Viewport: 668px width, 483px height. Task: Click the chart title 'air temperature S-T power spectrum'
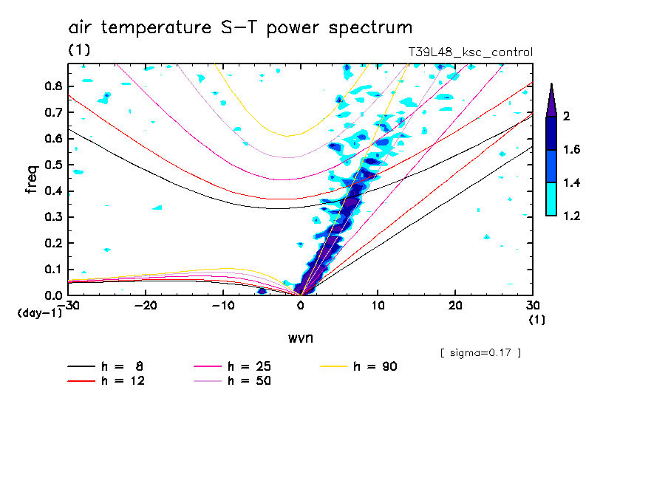click(x=240, y=28)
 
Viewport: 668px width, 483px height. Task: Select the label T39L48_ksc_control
click(x=470, y=52)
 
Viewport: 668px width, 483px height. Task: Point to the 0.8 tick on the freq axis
click(x=52, y=85)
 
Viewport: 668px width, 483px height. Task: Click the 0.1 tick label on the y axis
click(x=52, y=269)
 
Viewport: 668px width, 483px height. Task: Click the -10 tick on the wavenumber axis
click(x=223, y=306)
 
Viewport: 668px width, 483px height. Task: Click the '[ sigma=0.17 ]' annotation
click(x=480, y=352)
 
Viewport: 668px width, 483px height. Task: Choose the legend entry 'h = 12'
click(x=249, y=381)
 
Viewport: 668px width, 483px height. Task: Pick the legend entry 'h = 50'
click(x=249, y=381)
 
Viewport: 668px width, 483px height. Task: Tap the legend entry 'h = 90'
click(x=375, y=366)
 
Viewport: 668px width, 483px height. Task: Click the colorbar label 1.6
click(x=573, y=150)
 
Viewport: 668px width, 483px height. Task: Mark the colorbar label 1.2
click(x=573, y=216)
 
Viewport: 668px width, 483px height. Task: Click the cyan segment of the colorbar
click(x=551, y=199)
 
